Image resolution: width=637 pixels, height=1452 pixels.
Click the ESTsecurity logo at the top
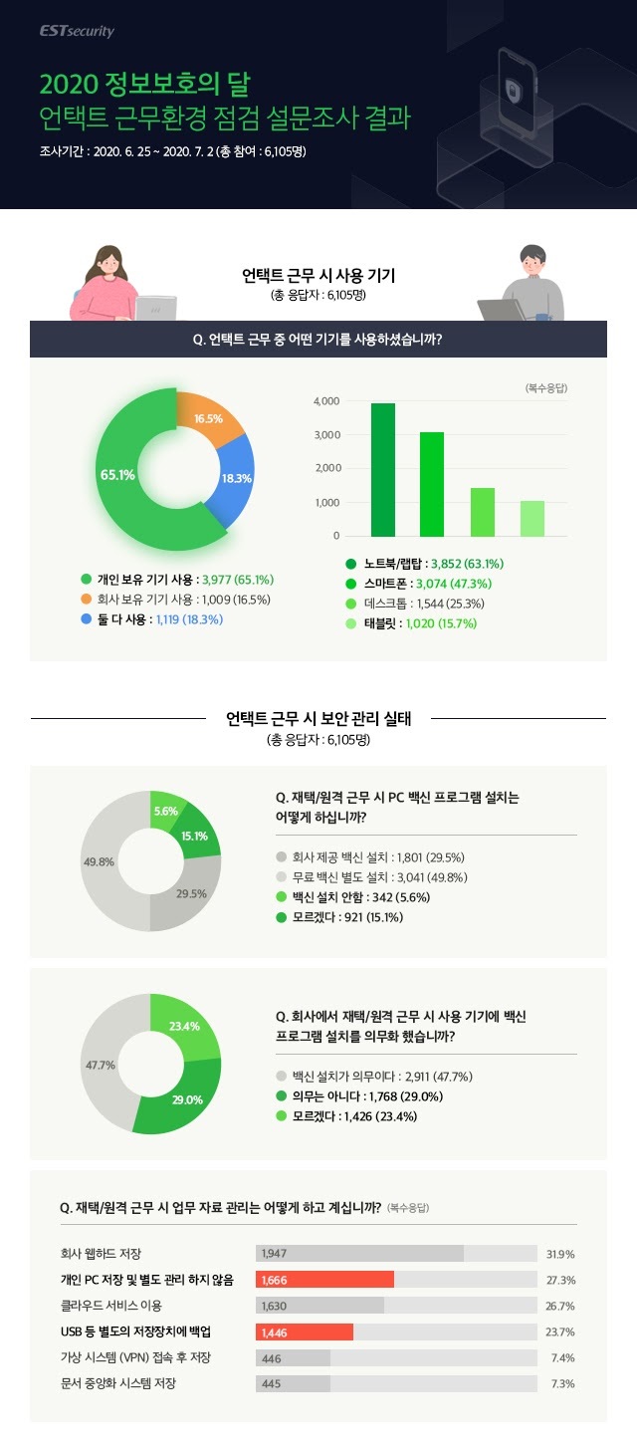[x=78, y=31]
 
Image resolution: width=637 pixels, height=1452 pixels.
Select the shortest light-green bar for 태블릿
[x=532, y=518]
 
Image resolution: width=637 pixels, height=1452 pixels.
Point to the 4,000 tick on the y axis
[x=326, y=401]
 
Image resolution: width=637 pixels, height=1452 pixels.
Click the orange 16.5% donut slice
[x=207, y=419]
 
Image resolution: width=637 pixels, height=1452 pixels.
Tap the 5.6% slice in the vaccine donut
[x=164, y=813]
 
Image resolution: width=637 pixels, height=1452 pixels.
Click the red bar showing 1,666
[x=325, y=1280]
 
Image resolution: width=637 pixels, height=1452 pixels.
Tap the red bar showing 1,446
[x=305, y=1331]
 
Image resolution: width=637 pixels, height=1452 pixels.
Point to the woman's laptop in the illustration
[x=157, y=308]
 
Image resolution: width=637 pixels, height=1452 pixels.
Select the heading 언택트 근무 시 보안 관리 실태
[x=318, y=717]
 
